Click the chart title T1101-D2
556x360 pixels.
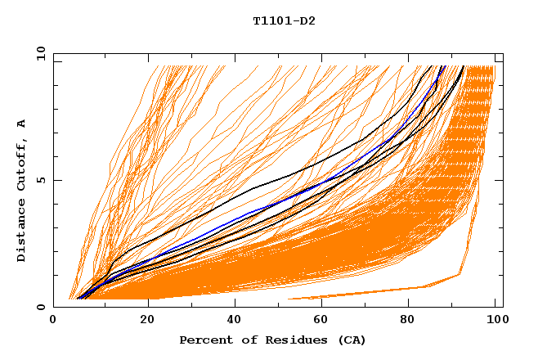coord(284,20)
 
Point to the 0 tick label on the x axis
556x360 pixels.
coord(54,322)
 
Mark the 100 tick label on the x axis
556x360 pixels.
coord(495,322)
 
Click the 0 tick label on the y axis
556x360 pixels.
coord(41,307)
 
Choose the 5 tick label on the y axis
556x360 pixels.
coord(41,180)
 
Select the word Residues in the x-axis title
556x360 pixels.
coord(291,340)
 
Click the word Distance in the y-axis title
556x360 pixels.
coord(21,232)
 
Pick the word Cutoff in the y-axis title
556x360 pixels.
coord(21,164)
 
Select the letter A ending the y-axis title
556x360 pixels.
coord(21,124)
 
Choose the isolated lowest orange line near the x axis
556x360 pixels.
coord(368,293)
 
